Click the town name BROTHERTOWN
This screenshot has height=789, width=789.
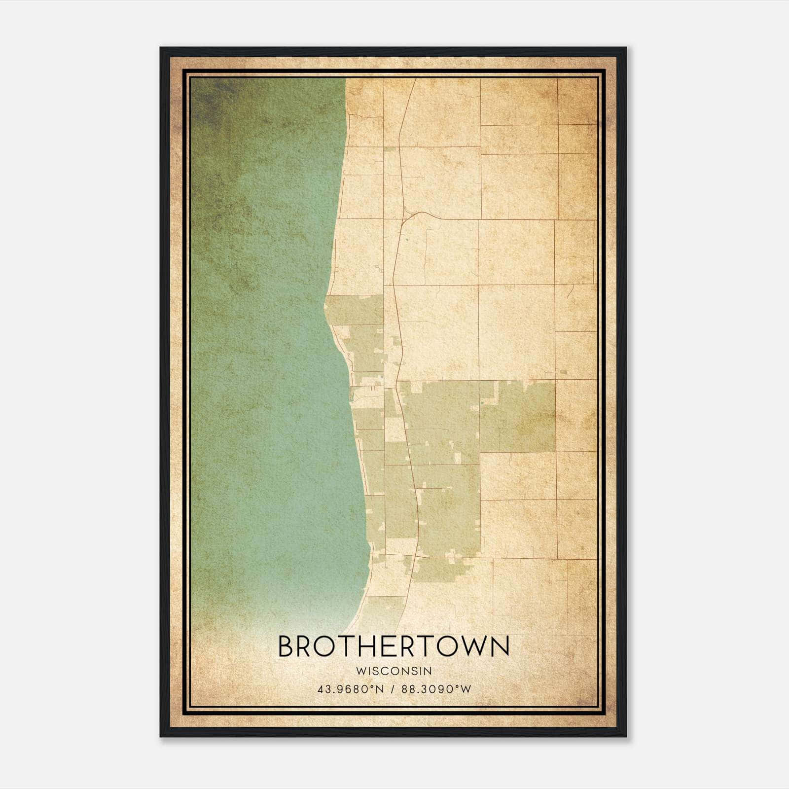coord(394,646)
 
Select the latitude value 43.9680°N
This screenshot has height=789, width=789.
coord(351,689)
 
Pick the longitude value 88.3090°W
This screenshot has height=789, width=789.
coord(436,689)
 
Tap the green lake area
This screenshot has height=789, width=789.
coord(266,345)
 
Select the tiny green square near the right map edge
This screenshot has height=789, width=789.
coord(564,372)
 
